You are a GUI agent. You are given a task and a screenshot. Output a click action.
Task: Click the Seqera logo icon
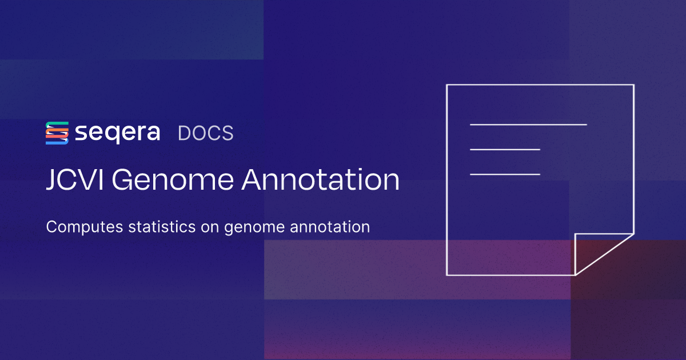(x=57, y=133)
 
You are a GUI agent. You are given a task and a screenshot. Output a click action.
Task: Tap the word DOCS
(x=206, y=133)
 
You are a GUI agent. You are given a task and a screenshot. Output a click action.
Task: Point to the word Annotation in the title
(x=320, y=180)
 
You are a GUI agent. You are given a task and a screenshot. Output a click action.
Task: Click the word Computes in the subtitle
(x=78, y=227)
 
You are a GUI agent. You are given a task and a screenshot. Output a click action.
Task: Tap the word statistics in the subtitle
(x=155, y=227)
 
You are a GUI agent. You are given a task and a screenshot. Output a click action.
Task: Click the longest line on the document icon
(x=528, y=124)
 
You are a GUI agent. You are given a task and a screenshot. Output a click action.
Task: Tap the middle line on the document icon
(x=505, y=150)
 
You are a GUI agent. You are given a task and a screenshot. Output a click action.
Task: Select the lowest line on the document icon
(x=505, y=174)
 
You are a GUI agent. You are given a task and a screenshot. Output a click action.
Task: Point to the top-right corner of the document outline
(x=633, y=85)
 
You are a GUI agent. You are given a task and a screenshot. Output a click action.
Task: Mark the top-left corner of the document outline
(x=447, y=85)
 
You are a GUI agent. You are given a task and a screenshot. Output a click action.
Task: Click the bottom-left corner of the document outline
(x=447, y=275)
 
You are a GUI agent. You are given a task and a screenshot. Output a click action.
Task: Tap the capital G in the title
(x=121, y=180)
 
